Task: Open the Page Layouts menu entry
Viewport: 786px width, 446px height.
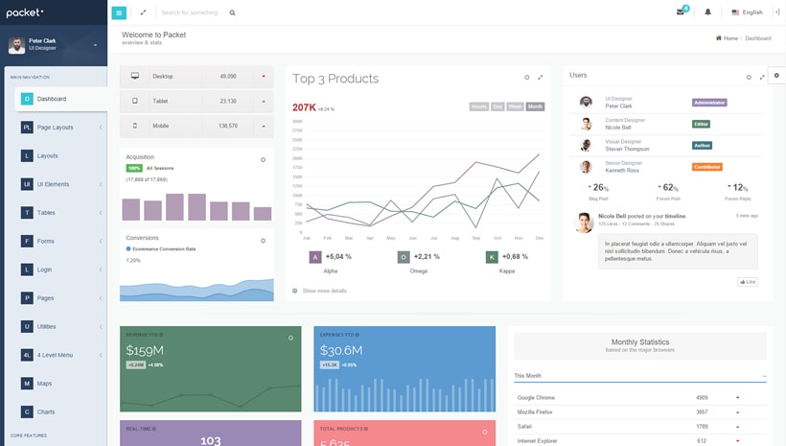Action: click(x=55, y=127)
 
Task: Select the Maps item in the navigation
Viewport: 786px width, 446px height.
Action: click(x=44, y=384)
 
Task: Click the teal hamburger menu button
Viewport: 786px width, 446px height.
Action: click(x=119, y=12)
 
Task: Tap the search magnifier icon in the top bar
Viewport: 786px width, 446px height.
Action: click(x=232, y=13)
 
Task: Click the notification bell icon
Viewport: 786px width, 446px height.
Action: click(x=708, y=12)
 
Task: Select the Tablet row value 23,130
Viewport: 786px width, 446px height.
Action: click(x=228, y=101)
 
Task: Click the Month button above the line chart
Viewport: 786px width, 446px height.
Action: click(x=535, y=106)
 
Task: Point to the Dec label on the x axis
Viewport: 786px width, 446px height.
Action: click(x=540, y=237)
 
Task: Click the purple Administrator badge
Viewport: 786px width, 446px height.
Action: click(x=709, y=102)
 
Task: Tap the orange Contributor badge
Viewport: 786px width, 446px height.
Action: click(x=707, y=167)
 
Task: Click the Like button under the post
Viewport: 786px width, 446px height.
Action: click(x=748, y=282)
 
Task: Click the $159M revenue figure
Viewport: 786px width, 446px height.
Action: click(x=145, y=350)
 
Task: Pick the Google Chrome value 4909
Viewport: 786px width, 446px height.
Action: click(x=702, y=397)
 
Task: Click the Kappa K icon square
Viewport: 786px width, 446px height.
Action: click(x=492, y=257)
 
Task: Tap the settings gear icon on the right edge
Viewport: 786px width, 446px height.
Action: click(x=776, y=75)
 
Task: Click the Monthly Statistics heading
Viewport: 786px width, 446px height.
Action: click(x=640, y=341)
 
